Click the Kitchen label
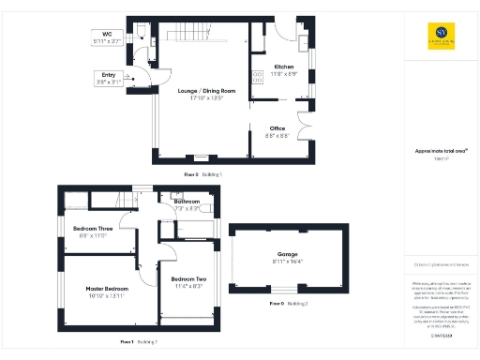(x=284, y=68)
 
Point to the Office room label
(x=277, y=128)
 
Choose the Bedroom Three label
(x=96, y=229)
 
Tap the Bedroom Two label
(x=188, y=279)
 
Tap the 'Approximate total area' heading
(x=435, y=151)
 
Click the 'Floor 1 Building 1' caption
(x=139, y=343)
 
